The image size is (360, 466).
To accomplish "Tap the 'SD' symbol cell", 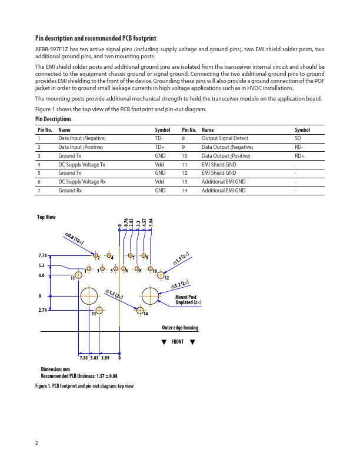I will (298, 138).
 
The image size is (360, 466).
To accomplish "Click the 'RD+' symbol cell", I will (299, 155).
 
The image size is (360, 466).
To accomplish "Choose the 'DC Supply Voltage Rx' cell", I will (82, 182).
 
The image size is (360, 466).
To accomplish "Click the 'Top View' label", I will (46, 217).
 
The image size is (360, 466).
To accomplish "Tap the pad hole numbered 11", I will (78, 275).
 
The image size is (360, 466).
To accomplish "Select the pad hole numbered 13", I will (99, 310).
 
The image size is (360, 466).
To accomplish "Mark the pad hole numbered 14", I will (140, 310).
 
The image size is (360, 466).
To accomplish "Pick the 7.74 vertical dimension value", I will (42, 256).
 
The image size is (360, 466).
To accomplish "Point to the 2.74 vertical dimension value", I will (42, 309).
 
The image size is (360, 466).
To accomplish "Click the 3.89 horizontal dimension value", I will (105, 357).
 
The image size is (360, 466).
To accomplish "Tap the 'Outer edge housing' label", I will (180, 328).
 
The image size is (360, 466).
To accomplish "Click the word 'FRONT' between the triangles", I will (178, 342).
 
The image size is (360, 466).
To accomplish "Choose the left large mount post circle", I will (89, 295).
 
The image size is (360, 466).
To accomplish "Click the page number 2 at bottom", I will (36, 442).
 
